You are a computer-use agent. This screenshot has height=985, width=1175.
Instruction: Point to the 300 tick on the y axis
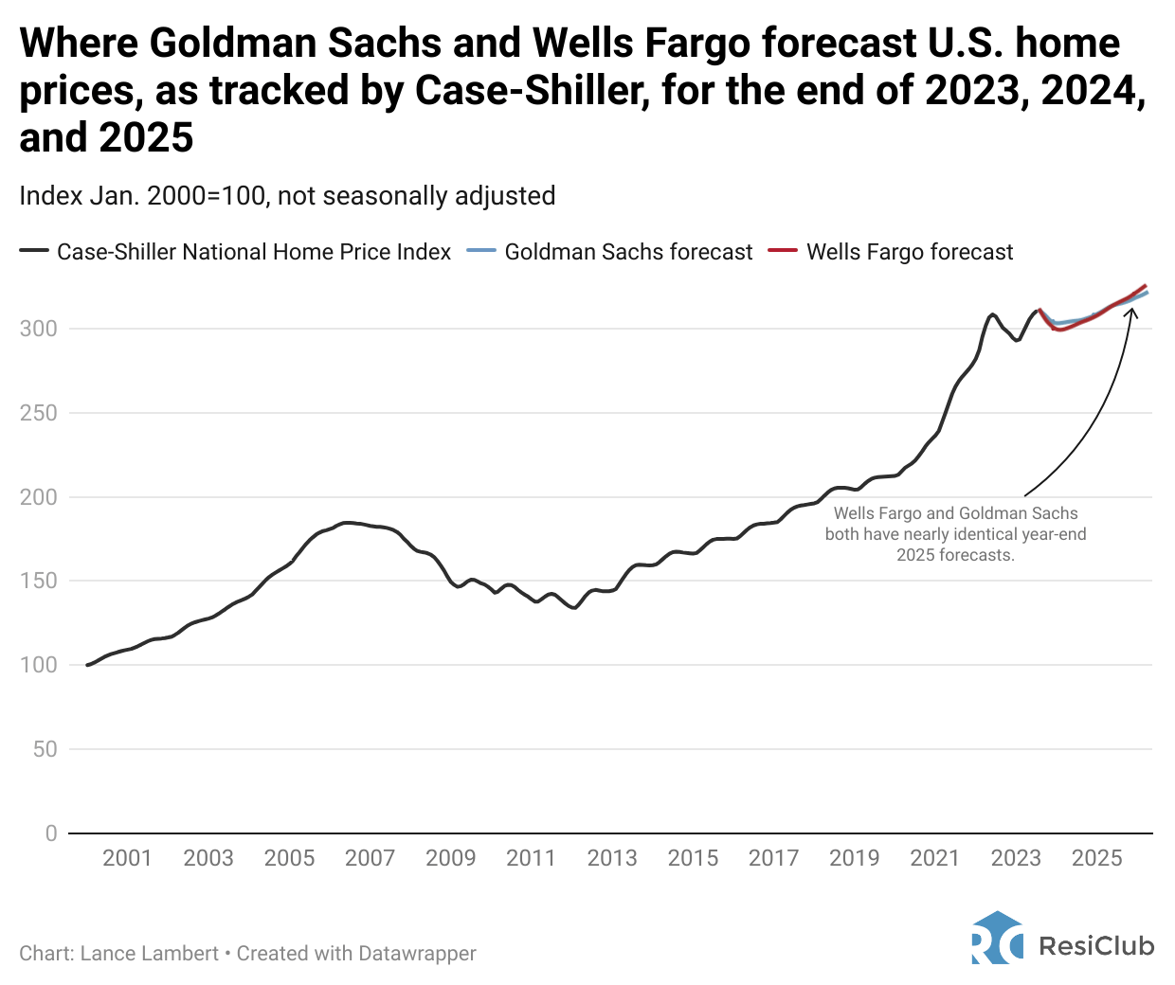39,329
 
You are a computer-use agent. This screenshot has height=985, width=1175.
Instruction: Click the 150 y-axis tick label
39,581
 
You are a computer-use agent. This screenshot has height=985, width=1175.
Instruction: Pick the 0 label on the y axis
51,833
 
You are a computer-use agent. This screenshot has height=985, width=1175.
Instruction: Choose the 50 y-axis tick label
45,749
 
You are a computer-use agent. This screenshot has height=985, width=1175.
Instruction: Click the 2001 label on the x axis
127,858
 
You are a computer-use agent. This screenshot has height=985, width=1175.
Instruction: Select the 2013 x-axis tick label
612,858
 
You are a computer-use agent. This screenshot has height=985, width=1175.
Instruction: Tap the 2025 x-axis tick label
1096,858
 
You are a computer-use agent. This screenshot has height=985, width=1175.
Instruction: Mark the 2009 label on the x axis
450,858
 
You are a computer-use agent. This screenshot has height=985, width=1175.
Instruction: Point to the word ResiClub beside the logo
1096,945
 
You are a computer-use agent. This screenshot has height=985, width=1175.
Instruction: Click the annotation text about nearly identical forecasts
955,534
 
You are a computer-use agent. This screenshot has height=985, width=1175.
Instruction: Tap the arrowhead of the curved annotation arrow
1130,310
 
